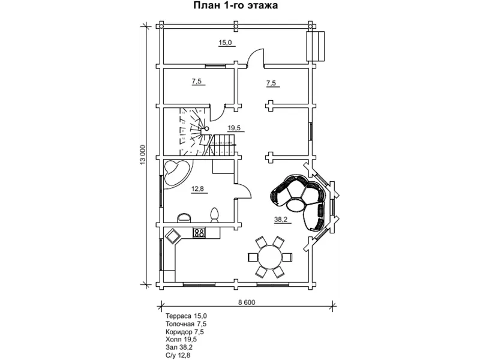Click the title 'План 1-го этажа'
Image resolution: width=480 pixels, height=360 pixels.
coord(235,5)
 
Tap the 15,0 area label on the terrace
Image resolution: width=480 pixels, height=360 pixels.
coord(225,43)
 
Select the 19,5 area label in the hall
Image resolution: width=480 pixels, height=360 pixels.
coord(234,128)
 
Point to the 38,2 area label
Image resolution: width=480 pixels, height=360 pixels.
coord(281,220)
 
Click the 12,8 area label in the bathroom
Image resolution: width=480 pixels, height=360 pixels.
coord(198,189)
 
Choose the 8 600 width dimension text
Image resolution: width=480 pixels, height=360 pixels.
coord(247,302)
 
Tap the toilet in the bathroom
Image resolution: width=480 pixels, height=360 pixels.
coord(215,214)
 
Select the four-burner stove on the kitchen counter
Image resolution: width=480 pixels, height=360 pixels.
coord(199,233)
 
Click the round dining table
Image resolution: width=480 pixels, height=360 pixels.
coord(270,257)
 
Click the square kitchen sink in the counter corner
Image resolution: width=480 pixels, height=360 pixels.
coord(172,236)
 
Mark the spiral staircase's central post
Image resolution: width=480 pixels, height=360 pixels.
coord(206,128)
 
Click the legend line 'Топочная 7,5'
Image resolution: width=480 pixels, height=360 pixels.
coord(186,324)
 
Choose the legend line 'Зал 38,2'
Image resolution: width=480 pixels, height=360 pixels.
coord(179,347)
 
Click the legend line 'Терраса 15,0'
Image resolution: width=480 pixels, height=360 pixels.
coord(187,316)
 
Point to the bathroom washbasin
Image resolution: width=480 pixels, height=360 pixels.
coord(184,217)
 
